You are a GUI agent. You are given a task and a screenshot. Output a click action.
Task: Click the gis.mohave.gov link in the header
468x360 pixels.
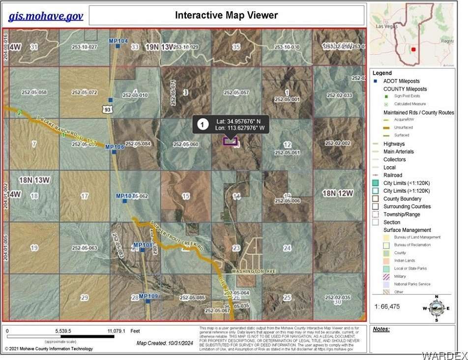(46, 16)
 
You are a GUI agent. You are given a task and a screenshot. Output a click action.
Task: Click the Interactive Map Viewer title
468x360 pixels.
(226, 15)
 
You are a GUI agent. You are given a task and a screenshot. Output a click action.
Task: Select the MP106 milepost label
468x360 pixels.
(115, 147)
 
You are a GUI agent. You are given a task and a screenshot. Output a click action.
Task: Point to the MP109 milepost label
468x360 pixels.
(148, 296)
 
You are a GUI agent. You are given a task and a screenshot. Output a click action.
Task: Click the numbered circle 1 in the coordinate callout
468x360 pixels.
(202, 124)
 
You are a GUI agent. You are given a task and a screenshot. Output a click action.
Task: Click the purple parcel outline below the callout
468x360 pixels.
(230, 141)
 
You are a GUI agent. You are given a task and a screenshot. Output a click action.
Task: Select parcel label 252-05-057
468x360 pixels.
(236, 92)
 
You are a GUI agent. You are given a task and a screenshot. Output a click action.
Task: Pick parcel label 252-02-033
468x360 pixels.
(339, 95)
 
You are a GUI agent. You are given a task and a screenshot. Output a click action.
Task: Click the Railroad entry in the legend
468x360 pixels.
(393, 175)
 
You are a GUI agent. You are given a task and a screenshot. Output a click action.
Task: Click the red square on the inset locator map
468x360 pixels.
(413, 49)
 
